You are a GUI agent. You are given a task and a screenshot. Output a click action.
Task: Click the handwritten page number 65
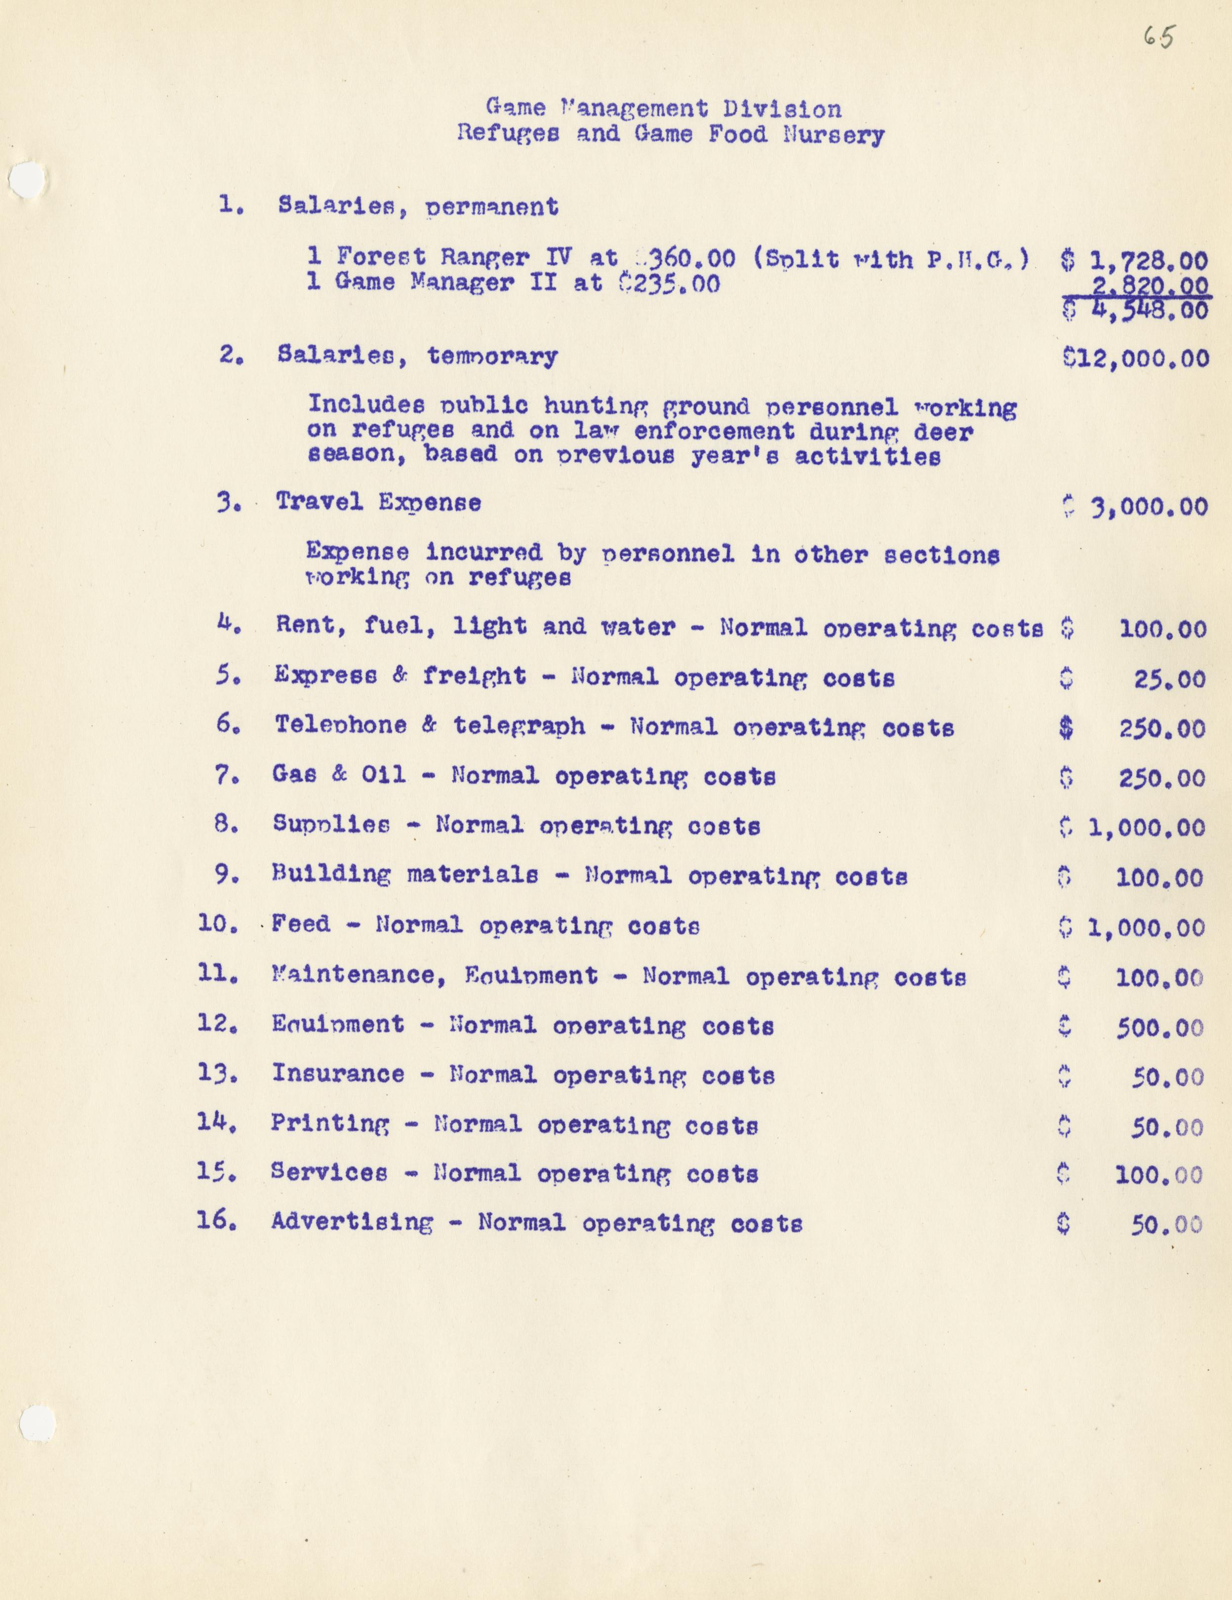[x=1159, y=37]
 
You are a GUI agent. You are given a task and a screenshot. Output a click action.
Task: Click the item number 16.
[x=216, y=1221]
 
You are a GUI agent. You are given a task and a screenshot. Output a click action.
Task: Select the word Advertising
[x=352, y=1222]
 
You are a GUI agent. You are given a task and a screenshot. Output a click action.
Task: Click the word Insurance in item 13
[x=338, y=1074]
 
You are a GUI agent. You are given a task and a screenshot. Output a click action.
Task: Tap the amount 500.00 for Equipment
[x=1159, y=1028]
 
